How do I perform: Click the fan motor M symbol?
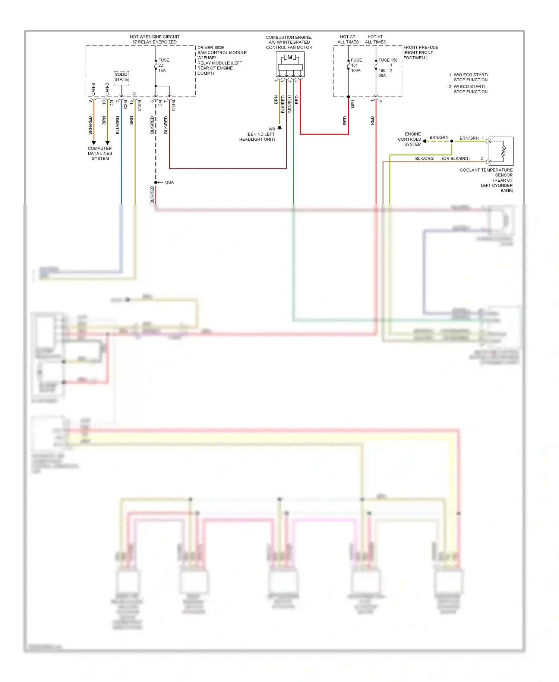point(290,57)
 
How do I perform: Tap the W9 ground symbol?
point(279,129)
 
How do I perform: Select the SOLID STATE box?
point(121,77)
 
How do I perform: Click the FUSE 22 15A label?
point(163,65)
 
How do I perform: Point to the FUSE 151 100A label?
point(356,65)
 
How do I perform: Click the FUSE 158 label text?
point(388,60)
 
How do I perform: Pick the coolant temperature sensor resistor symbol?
point(503,151)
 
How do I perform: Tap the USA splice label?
point(169,182)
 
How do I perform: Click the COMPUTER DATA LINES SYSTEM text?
point(100,153)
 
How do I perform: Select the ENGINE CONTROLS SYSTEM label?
point(410,139)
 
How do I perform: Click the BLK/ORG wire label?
point(424,159)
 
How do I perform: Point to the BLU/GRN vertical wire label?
point(118,125)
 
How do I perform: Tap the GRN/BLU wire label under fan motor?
point(290,104)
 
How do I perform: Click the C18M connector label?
point(139,105)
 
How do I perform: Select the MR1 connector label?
point(353,104)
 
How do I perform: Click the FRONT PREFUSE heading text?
point(420,47)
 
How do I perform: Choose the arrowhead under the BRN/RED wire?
point(94,143)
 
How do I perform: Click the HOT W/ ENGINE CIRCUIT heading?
point(154,37)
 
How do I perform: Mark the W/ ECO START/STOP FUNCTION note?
point(470,89)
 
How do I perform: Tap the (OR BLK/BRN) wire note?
point(455,159)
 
